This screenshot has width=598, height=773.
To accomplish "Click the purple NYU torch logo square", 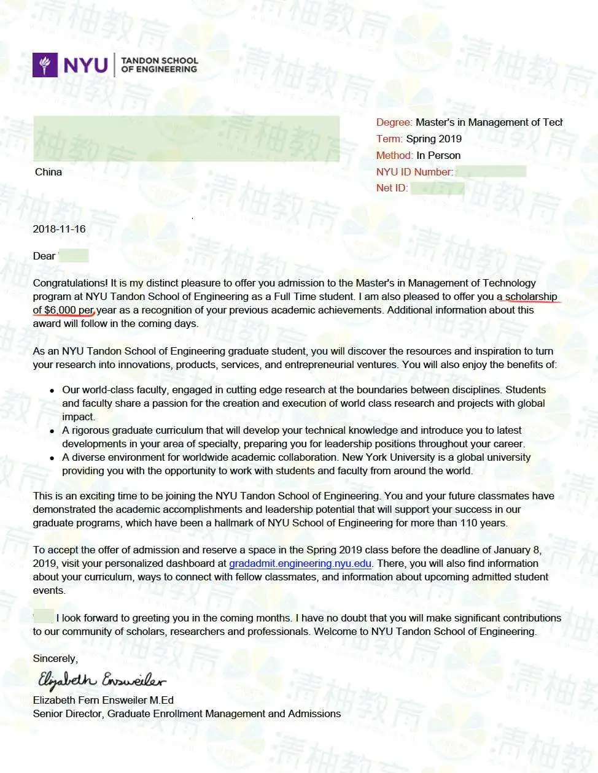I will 44,64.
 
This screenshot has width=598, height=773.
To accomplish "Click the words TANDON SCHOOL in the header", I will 160,60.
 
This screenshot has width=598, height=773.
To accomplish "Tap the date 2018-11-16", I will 59,229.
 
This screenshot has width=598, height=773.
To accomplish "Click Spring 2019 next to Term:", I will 433,139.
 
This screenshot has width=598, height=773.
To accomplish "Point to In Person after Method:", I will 438,155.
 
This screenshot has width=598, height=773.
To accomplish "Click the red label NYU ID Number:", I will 414,172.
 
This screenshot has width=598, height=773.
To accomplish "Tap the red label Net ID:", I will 392,188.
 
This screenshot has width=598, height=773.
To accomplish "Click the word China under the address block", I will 49,172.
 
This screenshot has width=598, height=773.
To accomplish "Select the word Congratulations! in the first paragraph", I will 71,283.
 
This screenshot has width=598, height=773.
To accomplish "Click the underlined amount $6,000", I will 60,310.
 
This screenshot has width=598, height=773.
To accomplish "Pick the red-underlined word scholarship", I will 531,296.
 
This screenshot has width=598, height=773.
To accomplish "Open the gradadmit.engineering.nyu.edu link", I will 300,563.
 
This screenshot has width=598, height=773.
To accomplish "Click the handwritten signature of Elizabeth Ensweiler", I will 101,680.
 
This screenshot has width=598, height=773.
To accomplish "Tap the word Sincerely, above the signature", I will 55,658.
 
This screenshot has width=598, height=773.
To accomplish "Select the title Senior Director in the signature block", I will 69,713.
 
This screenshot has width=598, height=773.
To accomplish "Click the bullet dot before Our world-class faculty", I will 52,390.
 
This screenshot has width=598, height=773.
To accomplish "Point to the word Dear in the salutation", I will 44,256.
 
